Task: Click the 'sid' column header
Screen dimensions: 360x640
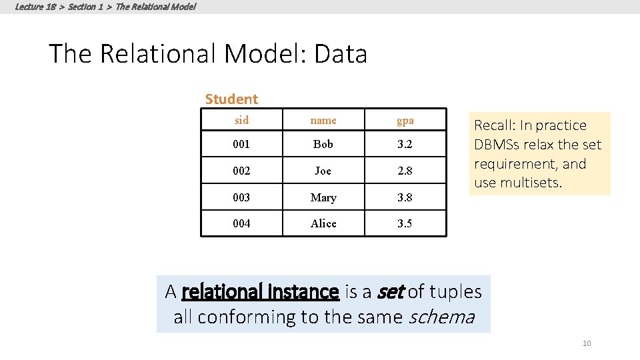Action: pos(241,121)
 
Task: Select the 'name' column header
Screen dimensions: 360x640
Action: pos(323,121)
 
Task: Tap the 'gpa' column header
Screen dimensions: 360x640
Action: pos(405,121)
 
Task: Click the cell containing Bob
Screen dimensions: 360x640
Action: pos(323,144)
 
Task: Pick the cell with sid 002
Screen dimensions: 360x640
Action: pos(241,171)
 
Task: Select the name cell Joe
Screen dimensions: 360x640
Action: pos(323,171)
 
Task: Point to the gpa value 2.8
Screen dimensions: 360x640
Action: pos(405,171)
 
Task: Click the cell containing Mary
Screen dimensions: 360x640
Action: pos(323,197)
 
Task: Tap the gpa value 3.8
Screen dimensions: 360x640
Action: pos(405,197)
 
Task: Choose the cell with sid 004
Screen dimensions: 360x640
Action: pos(241,223)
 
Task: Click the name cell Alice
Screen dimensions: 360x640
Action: pos(323,223)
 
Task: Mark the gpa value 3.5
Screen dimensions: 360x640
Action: pos(405,223)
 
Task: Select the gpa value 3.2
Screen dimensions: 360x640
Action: pos(405,144)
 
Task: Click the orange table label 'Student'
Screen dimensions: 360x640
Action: pos(231,99)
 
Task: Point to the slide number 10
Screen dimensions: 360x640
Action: pos(587,343)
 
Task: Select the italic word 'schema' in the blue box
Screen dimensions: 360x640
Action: pos(441,317)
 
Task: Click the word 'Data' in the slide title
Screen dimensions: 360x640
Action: pos(340,54)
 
